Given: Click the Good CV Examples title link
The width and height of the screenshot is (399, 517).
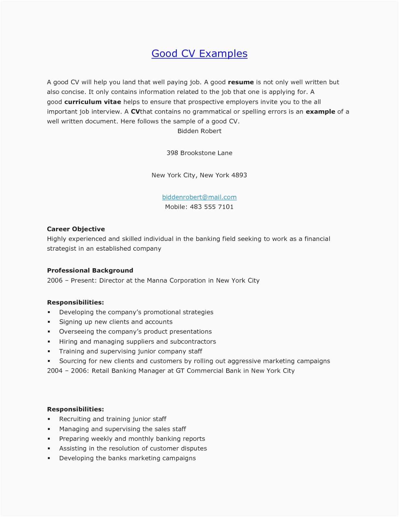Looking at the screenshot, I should coord(199,54).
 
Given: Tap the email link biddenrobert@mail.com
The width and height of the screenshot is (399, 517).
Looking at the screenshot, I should coord(199,197).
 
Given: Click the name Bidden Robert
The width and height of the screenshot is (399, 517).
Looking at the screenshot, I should coord(199,131).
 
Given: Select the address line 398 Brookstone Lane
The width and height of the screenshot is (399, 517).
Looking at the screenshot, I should coord(199,153).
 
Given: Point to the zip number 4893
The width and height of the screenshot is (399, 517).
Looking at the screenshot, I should coord(239,175).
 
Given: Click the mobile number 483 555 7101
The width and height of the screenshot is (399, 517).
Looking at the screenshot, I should coord(212,207).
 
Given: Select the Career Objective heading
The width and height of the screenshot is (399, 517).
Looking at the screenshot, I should coord(76,229).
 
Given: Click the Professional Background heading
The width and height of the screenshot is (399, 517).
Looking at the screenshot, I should coord(90,271).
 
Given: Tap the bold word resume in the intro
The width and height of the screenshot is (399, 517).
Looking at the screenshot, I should coord(241,82).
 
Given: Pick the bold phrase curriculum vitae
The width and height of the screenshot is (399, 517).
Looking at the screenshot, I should coord(93,102).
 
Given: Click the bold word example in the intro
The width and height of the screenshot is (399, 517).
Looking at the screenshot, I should coord(320,112).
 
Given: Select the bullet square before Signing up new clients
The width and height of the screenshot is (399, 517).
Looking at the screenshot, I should coord(49,322).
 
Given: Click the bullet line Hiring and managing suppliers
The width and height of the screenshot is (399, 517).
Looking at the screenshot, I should coord(137,342).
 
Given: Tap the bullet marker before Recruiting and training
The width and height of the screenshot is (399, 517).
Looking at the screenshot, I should coord(49,419).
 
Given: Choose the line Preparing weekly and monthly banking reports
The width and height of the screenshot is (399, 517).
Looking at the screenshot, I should coord(132,439).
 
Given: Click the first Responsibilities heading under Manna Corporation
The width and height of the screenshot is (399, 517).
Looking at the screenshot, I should coord(75,303).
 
